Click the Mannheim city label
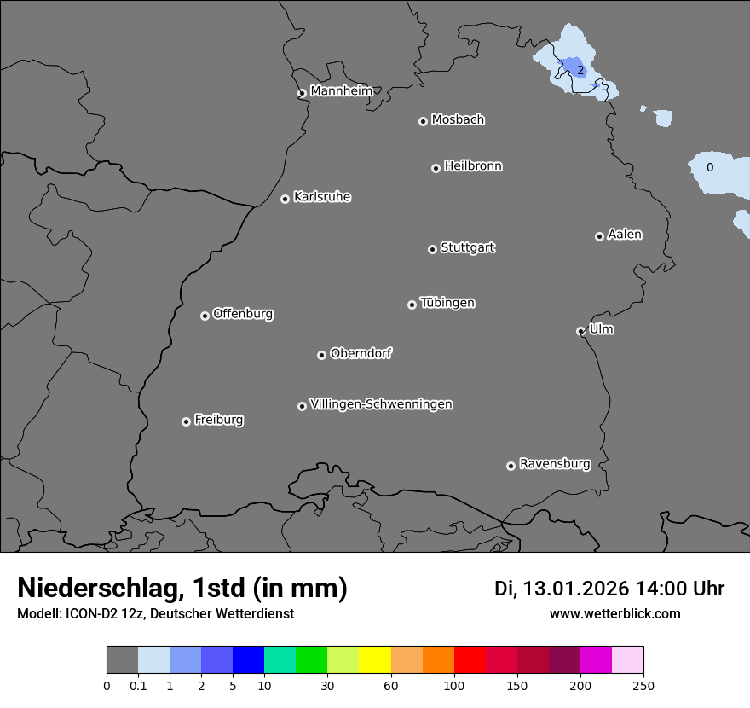341,91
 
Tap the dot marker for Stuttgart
432,249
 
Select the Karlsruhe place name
322,197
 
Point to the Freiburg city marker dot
186,421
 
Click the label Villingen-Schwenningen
381,404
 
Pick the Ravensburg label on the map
555,464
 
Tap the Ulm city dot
580,331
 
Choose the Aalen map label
625,235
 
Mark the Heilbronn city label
473,166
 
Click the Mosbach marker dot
423,121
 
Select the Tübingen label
447,303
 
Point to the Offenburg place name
243,314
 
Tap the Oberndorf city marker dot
321,355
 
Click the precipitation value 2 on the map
580,70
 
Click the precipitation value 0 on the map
710,168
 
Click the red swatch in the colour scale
470,660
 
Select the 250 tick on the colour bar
643,685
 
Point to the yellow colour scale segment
375,660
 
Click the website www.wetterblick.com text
614,614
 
